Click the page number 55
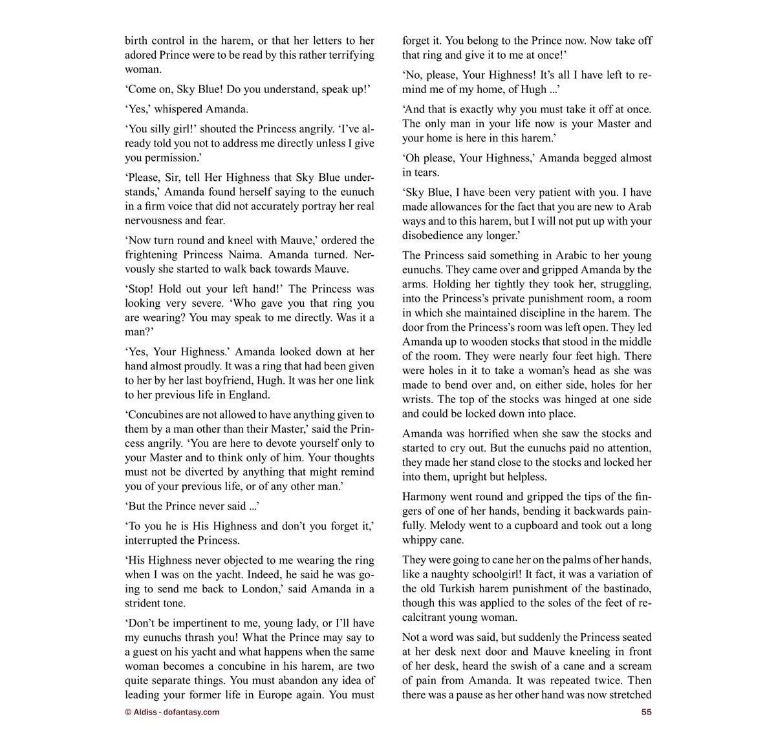tap(646, 712)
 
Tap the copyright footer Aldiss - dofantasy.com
tap(172, 712)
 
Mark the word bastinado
tap(623, 588)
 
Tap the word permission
tap(153, 158)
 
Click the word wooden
tap(499, 342)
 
